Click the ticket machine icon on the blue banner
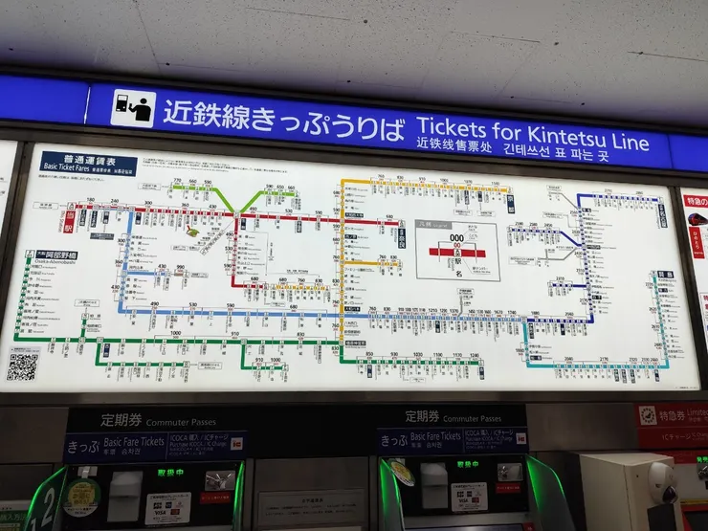pos(132,108)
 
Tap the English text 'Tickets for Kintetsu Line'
pos(532,127)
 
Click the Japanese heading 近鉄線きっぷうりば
pos(283,114)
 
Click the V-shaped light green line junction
pos(254,203)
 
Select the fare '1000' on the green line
pos(175,333)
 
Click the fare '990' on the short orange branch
pos(179,269)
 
